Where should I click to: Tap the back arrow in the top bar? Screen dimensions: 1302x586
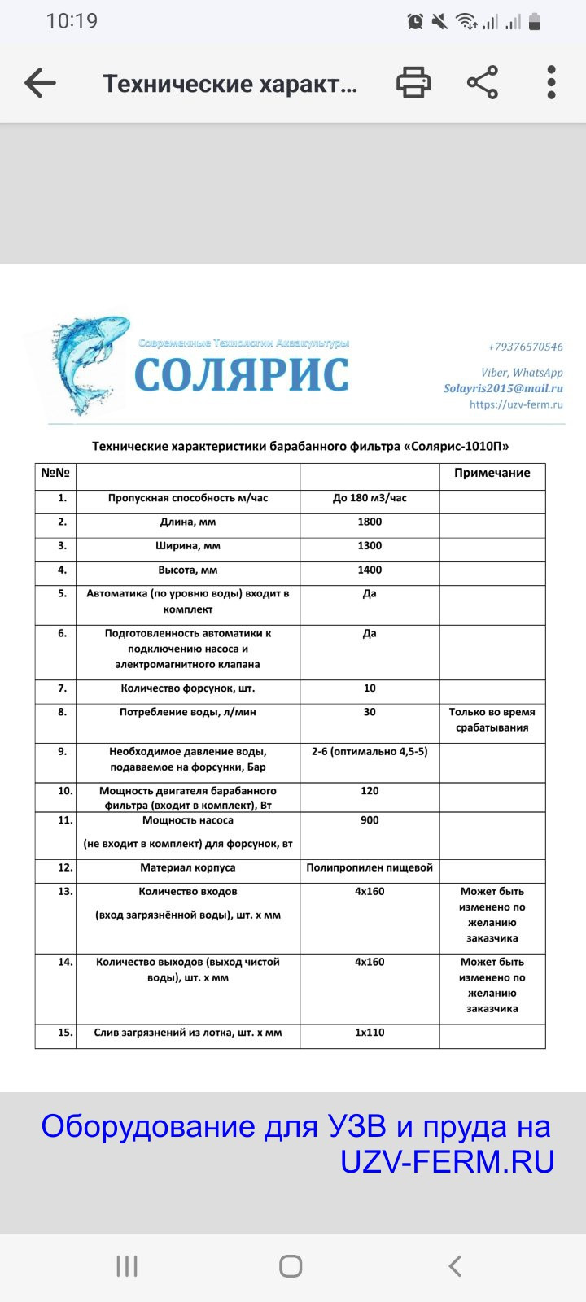pos(40,83)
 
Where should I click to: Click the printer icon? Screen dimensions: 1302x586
pos(413,83)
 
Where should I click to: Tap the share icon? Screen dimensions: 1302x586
pos(483,83)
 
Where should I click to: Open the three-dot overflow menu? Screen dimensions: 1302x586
pos(551,83)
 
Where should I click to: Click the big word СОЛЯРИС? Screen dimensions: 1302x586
pos(242,375)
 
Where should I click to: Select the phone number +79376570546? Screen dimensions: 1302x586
pos(525,347)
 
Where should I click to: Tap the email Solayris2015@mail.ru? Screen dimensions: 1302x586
pos(503,388)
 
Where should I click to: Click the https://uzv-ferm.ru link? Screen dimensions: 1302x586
pos(516,404)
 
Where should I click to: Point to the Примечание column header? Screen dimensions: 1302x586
pos(492,473)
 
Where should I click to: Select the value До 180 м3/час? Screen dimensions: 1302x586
pos(370,498)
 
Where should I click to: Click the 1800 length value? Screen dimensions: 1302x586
pos(370,522)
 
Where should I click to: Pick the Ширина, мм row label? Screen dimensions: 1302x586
pos(188,546)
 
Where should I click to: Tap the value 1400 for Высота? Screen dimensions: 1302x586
pos(370,570)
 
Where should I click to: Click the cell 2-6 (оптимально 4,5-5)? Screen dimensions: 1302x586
pos(370,751)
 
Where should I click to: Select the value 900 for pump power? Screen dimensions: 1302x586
pos(370,820)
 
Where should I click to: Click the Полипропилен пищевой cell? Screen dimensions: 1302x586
pos(370,867)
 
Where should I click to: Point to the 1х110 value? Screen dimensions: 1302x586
pos(370,1033)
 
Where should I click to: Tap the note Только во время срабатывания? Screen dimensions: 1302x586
pos(492,720)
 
